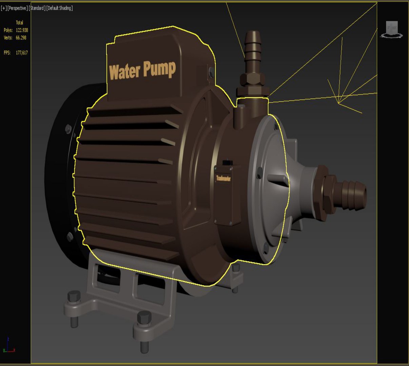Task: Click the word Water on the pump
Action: click(124, 72)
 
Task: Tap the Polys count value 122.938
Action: click(22, 30)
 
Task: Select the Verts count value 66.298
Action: click(21, 38)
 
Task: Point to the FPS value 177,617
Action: click(22, 53)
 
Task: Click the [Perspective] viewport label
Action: click(18, 8)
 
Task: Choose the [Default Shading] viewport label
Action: click(59, 8)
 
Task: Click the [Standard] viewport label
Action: click(37, 8)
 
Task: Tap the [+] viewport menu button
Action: click(4, 8)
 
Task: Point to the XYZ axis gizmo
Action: click(8, 346)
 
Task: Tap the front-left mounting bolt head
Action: click(74, 297)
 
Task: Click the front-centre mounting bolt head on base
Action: click(144, 319)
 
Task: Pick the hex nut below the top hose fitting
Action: click(253, 80)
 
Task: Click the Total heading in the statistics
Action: click(19, 22)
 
